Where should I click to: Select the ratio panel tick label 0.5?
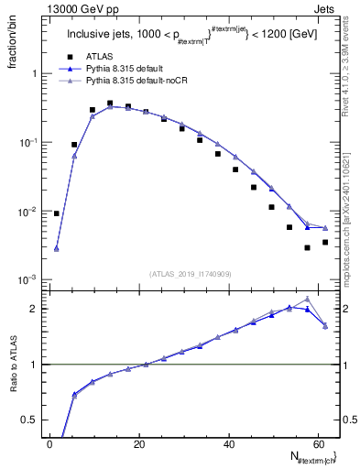coord(31,420)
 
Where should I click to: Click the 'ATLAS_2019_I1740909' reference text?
coord(190,273)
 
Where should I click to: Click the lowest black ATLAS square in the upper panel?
coord(307,247)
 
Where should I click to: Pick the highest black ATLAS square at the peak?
coord(110,104)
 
